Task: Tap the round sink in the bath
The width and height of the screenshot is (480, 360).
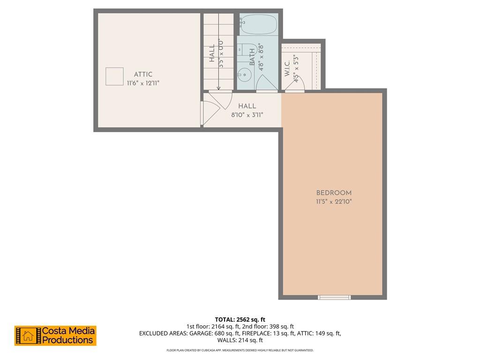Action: coord(244,74)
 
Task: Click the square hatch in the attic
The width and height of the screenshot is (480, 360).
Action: coord(114,76)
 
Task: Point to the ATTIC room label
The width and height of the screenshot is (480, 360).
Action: coord(143,75)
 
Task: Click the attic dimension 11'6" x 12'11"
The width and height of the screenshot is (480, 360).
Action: coord(146,83)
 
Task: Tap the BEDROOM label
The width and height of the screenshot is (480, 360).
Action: coord(334,193)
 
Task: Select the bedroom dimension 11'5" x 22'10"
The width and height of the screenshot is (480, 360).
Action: coord(334,202)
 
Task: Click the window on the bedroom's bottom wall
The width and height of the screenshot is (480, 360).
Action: coord(334,297)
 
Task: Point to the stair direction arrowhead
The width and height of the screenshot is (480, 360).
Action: coord(218,88)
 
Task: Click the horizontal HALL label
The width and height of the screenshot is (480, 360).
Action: coord(247,106)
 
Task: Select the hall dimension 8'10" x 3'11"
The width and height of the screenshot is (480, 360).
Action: coord(247,114)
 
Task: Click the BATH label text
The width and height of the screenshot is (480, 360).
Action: coord(252,57)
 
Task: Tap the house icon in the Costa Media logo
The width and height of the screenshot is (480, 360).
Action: coord(28,336)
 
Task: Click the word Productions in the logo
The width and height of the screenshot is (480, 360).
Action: coord(67,340)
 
